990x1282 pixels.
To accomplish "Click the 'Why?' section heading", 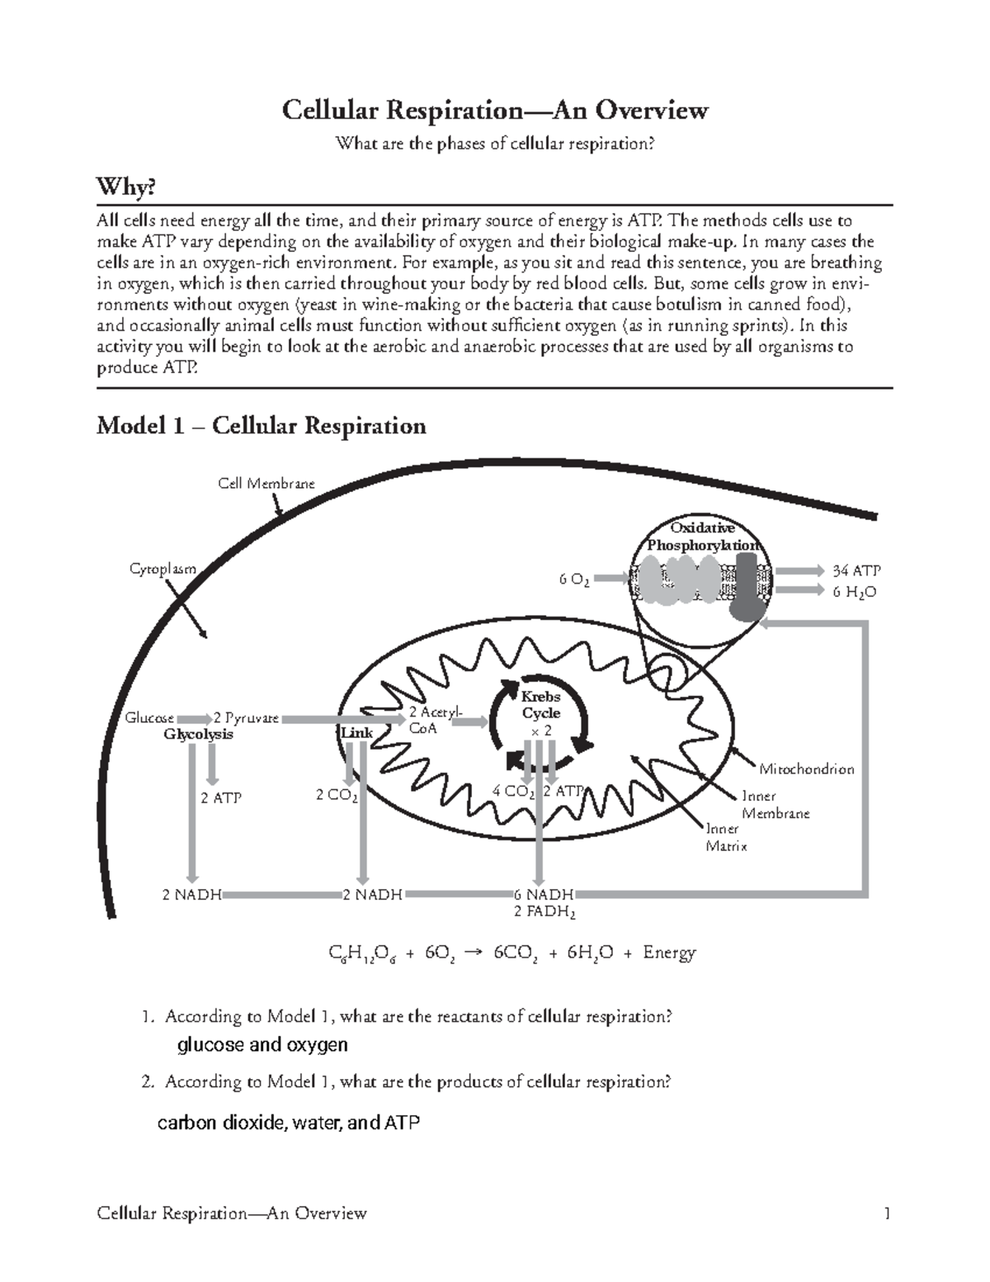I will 125,187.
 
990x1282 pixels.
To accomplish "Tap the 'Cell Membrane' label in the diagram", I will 266,484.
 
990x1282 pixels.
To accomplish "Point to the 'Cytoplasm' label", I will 163,569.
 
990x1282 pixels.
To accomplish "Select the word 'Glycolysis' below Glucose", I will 198,735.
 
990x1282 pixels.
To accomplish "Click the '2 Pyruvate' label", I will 246,718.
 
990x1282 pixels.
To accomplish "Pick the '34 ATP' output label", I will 856,570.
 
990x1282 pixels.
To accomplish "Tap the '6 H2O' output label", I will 854,592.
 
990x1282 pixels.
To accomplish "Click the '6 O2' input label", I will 573,580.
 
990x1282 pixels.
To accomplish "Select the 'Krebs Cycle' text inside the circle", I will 540,705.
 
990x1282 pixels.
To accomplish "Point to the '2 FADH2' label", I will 544,912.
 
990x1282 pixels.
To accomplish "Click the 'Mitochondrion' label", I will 806,769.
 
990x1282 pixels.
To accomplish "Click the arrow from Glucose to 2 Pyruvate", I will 193,719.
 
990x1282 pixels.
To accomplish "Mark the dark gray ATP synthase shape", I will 746,586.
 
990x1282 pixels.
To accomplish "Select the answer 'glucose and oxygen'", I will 262,1045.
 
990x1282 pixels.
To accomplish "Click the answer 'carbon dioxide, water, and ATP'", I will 288,1123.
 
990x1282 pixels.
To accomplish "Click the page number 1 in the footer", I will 887,1213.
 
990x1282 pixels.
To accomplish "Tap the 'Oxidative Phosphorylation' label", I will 702,537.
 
